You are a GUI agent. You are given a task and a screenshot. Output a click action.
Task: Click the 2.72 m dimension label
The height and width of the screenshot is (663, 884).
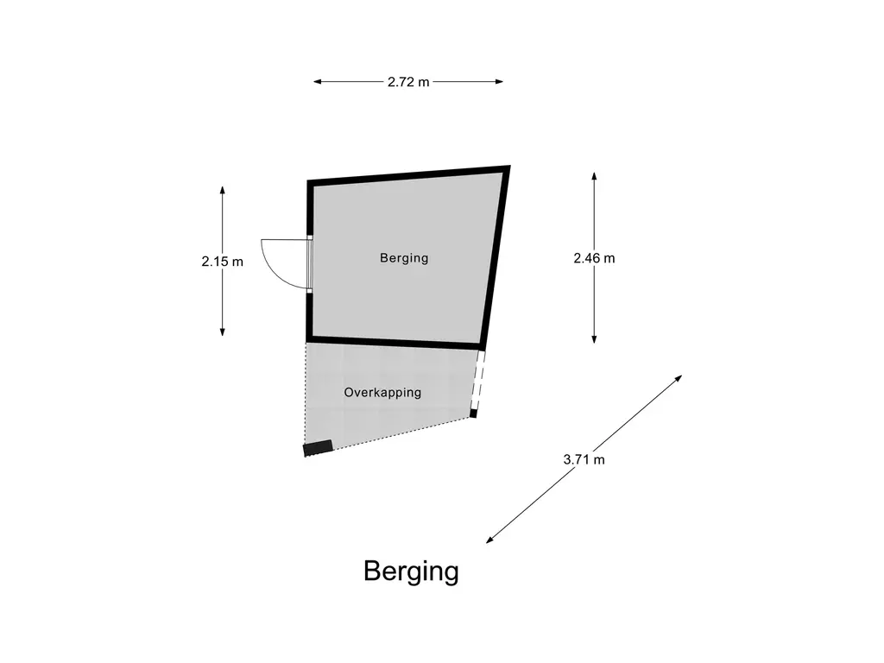tap(407, 82)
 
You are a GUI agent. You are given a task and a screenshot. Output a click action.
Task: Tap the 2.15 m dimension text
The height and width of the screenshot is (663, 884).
tap(223, 261)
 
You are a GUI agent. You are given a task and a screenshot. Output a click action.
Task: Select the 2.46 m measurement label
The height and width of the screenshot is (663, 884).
tap(594, 257)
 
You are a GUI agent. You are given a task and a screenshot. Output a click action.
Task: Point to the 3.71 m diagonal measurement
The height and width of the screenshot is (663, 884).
tap(584, 459)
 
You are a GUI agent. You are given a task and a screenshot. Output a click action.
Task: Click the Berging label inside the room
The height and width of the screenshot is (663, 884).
tap(404, 257)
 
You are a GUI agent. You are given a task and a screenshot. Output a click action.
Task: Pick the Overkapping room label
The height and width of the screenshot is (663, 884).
tap(382, 392)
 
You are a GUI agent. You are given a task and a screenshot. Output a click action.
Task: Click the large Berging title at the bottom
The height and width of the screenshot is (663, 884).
tap(411, 571)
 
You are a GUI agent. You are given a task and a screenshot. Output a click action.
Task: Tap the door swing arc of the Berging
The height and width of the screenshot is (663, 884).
tap(275, 262)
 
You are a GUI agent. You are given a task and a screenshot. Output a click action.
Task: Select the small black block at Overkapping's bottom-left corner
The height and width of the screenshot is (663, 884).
tap(318, 447)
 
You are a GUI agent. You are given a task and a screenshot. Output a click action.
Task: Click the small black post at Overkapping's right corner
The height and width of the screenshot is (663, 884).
tap(473, 414)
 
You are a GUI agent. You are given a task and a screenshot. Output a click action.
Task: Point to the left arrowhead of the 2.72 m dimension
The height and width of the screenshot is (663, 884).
tap(317, 82)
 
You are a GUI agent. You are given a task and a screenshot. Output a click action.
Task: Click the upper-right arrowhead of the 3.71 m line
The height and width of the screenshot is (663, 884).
tap(679, 378)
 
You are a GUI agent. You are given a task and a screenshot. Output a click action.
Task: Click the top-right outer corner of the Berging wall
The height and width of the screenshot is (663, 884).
tap(508, 167)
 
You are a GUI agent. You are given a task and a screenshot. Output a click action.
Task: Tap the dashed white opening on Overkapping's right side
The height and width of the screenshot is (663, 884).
tap(478, 381)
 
